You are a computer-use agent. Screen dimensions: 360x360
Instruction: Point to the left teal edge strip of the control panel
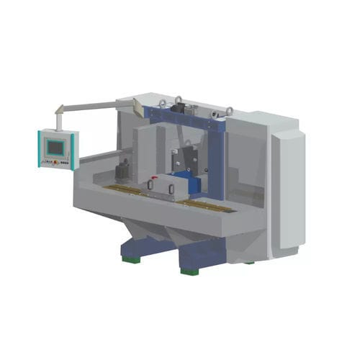pos(40,148)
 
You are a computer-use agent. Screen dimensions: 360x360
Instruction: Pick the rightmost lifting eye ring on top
pos(229,110)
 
